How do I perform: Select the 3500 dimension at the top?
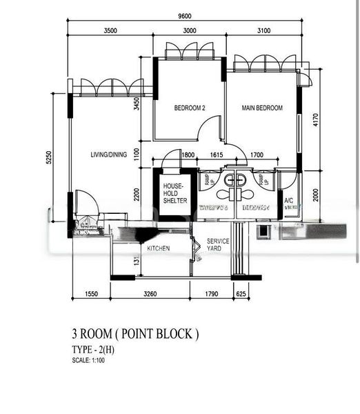110,31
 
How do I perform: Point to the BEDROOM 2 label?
190,108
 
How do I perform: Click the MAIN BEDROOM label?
262,108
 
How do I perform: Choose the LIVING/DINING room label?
109,155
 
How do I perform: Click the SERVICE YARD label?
214,245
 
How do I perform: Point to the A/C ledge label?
290,204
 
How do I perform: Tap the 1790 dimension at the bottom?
212,294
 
